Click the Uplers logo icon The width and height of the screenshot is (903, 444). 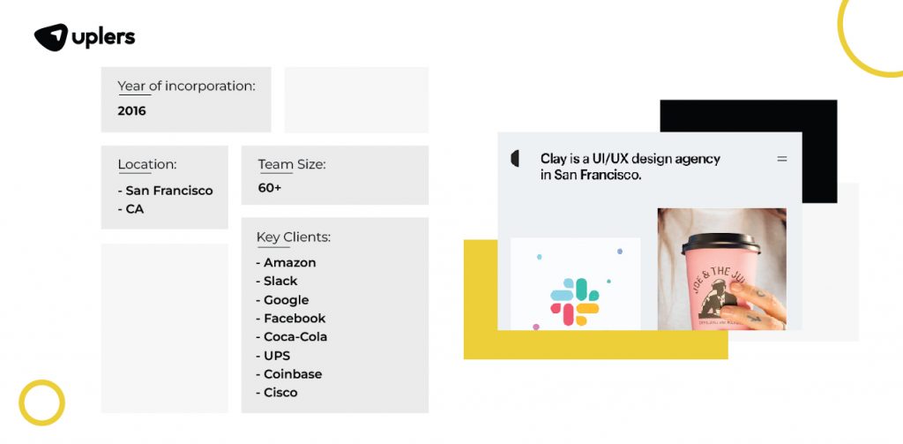51,37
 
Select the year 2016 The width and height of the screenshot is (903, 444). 131,111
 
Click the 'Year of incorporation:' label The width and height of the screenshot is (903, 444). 186,87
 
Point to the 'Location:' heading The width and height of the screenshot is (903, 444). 146,164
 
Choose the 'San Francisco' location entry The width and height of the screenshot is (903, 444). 168,191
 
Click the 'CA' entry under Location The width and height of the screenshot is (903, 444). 134,209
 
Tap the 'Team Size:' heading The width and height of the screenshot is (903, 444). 291,164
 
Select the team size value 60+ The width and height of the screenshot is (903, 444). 270,188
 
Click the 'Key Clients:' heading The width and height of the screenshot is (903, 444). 293,237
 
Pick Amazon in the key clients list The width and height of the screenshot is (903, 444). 289,262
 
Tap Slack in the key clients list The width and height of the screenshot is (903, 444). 280,281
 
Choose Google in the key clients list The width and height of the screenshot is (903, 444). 286,299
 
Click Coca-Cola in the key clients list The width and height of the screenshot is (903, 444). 295,336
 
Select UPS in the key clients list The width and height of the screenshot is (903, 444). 278,355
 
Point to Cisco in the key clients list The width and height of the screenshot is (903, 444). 280,392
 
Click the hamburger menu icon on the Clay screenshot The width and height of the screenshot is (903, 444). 781,159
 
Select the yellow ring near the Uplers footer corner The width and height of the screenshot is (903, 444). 41,403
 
